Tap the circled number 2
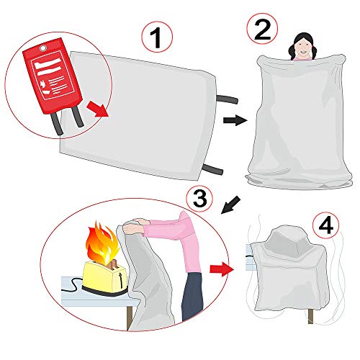pos(261,30)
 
